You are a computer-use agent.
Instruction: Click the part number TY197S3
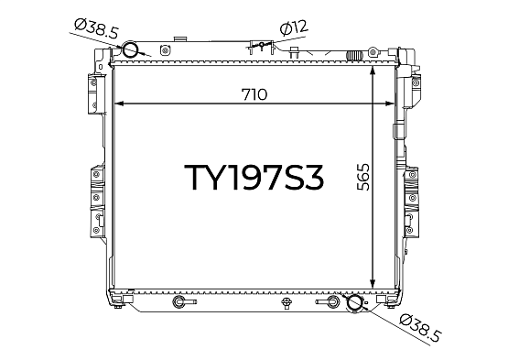point(254,177)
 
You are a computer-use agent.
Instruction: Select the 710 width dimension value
point(254,94)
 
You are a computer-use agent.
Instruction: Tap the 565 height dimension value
point(363,177)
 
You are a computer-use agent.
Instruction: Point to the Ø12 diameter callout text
point(294,27)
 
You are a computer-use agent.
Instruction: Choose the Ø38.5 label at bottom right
point(420,328)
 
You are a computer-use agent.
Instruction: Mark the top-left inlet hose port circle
point(130,49)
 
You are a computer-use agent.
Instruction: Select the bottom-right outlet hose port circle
point(355,302)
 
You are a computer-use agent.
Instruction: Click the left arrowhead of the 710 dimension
point(119,104)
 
